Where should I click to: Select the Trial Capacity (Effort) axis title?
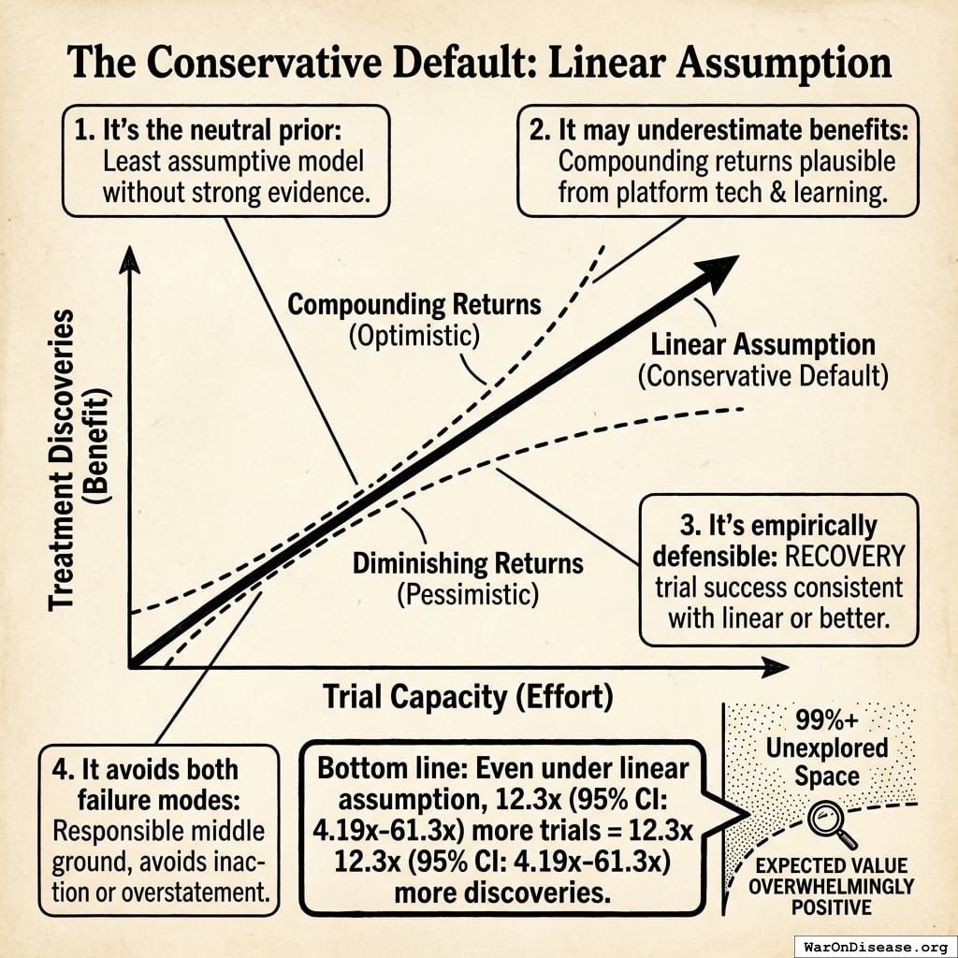coord(468,697)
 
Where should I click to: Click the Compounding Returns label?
coord(414,305)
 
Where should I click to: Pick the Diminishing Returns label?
coord(468,564)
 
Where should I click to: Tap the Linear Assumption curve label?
coord(762,344)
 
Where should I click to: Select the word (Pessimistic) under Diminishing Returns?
coord(468,593)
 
